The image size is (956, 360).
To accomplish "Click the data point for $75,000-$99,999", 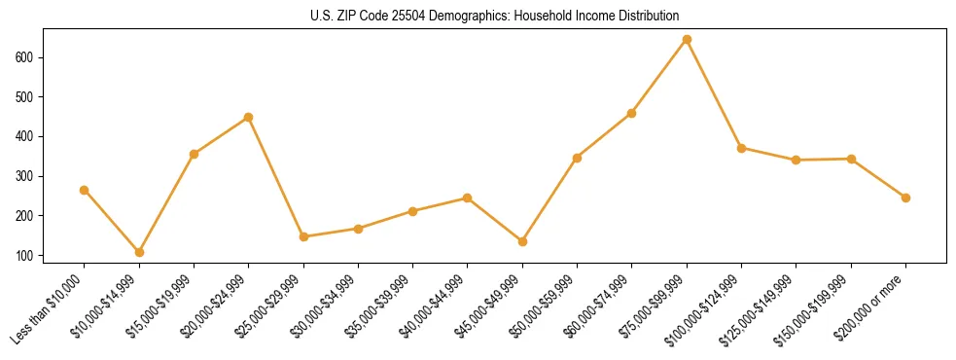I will (x=687, y=40).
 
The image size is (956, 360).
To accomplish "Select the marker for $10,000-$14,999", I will (x=139, y=252).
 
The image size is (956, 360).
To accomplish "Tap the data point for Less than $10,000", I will (x=85, y=190).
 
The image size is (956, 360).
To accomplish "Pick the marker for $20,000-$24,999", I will (x=249, y=117).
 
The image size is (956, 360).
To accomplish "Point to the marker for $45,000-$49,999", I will (x=522, y=241).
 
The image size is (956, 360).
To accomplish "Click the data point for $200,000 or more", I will (x=905, y=198).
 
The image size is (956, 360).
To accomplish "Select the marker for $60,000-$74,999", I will (x=632, y=113).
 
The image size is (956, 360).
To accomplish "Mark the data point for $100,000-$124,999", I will (x=741, y=148).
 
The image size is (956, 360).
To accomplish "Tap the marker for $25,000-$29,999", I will (x=303, y=236).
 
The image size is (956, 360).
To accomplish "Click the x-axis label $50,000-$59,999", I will (x=549, y=305).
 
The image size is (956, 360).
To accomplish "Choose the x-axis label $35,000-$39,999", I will (x=384, y=305).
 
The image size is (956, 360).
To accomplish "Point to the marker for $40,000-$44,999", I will (x=468, y=198).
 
